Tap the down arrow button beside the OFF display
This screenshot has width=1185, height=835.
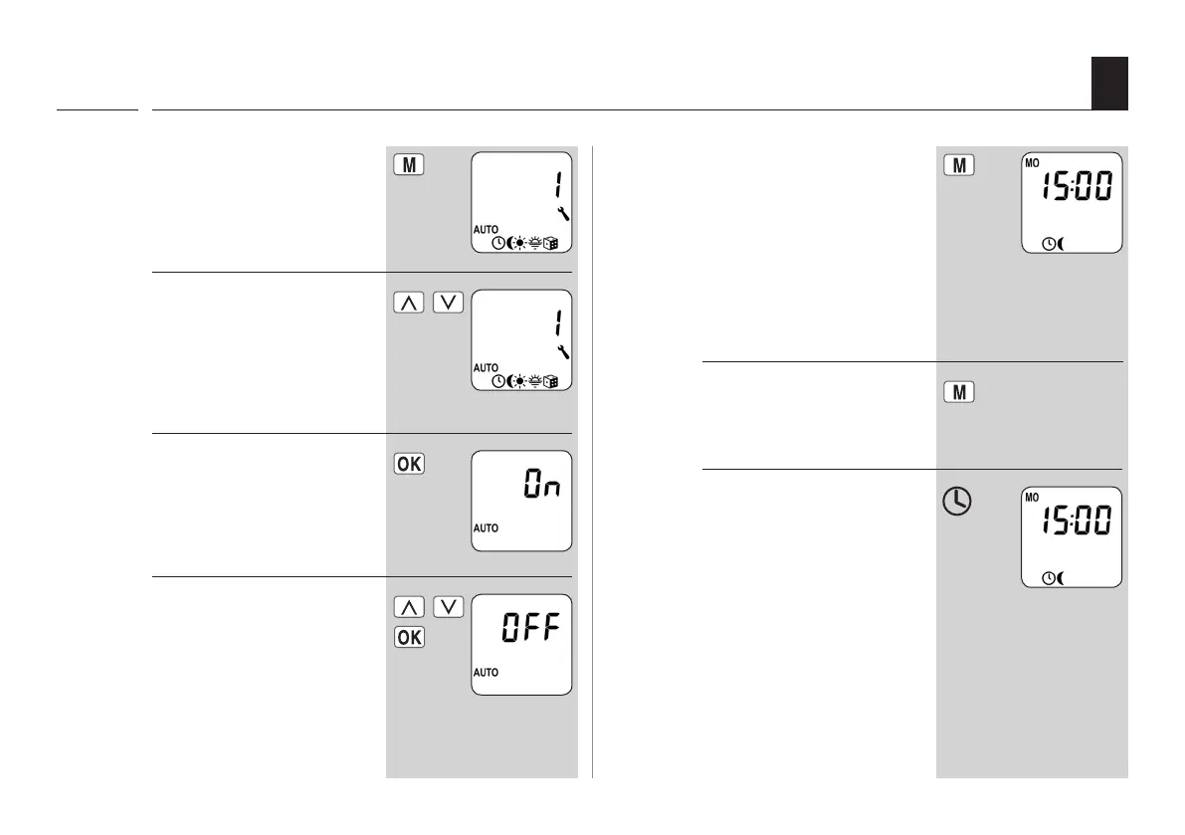pyautogui.click(x=450, y=606)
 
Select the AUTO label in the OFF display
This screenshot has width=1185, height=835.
pyautogui.click(x=486, y=672)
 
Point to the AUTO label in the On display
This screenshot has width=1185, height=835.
pyautogui.click(x=486, y=527)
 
